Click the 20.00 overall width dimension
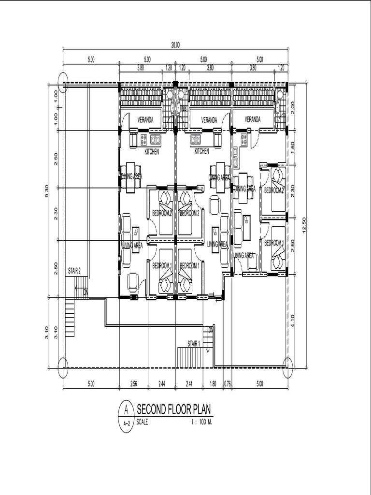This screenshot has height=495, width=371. [175, 44]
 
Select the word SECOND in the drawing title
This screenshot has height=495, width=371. [152, 410]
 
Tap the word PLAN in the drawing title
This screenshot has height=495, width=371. [202, 410]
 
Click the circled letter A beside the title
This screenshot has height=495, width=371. [126, 409]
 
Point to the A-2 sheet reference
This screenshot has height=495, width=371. [126, 423]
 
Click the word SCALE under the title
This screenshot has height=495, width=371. [143, 422]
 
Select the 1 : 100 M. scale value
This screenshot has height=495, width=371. [202, 422]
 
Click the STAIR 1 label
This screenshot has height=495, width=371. [194, 343]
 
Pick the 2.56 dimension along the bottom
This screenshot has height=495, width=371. [133, 384]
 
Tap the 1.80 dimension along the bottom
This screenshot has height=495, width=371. [213, 384]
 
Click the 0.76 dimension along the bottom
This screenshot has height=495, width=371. [228, 384]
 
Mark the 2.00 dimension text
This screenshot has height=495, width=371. [294, 106]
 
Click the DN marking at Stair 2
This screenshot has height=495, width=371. [86, 292]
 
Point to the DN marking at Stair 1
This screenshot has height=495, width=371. [211, 330]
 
